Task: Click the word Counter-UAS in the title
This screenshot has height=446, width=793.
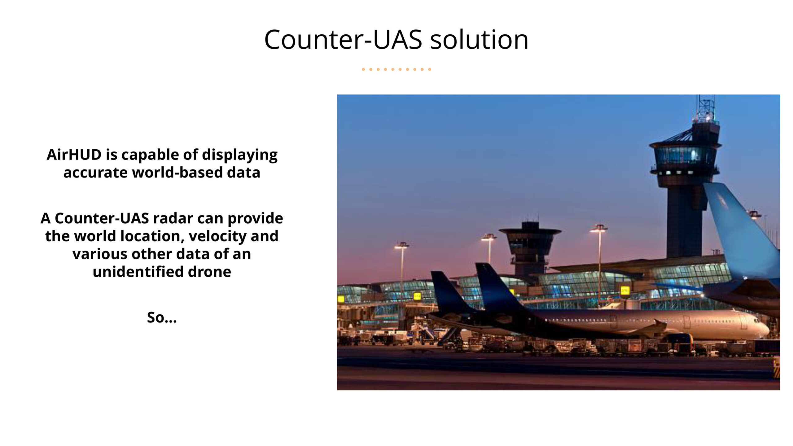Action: (x=343, y=39)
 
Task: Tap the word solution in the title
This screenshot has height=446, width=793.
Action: (x=479, y=39)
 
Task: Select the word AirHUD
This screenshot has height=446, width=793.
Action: (x=74, y=155)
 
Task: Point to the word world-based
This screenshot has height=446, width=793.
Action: (x=177, y=173)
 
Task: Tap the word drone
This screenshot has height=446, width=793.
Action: (x=209, y=272)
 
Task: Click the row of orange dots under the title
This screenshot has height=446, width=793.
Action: (x=396, y=69)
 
